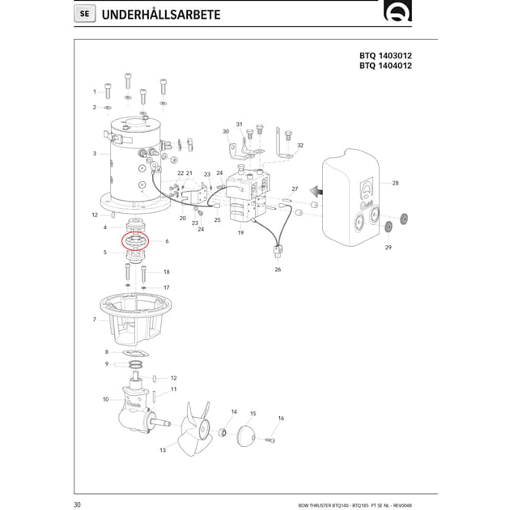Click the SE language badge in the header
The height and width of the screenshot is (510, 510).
85,14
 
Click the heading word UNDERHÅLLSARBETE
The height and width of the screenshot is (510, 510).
159,14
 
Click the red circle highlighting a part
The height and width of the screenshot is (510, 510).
137,242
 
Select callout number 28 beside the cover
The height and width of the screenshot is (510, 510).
395,183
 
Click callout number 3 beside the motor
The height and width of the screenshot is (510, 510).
95,153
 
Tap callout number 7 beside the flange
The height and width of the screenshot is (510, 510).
95,320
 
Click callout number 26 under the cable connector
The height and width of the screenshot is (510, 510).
277,269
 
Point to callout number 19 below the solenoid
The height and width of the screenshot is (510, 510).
240,232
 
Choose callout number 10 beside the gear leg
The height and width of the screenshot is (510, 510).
105,399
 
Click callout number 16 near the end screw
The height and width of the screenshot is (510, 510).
281,419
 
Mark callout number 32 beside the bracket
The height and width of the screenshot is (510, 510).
300,146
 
